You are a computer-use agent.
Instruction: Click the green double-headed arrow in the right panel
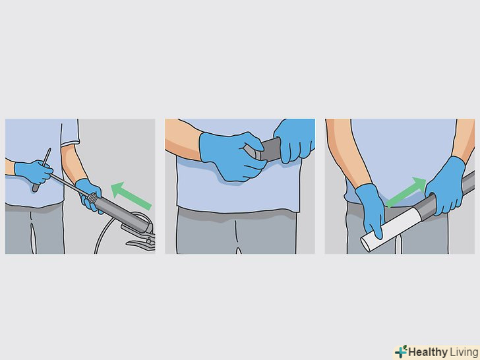(406, 192)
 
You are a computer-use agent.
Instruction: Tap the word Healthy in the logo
(428, 352)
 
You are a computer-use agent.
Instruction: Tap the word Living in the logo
(463, 352)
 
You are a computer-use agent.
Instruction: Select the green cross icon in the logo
(401, 351)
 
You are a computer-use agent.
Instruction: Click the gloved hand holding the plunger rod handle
(34, 172)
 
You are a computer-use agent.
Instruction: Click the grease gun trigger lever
(141, 244)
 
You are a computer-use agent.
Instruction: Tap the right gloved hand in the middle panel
(295, 139)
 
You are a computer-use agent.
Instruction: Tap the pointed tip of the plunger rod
(49, 150)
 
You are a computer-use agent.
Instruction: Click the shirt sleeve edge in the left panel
(70, 143)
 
